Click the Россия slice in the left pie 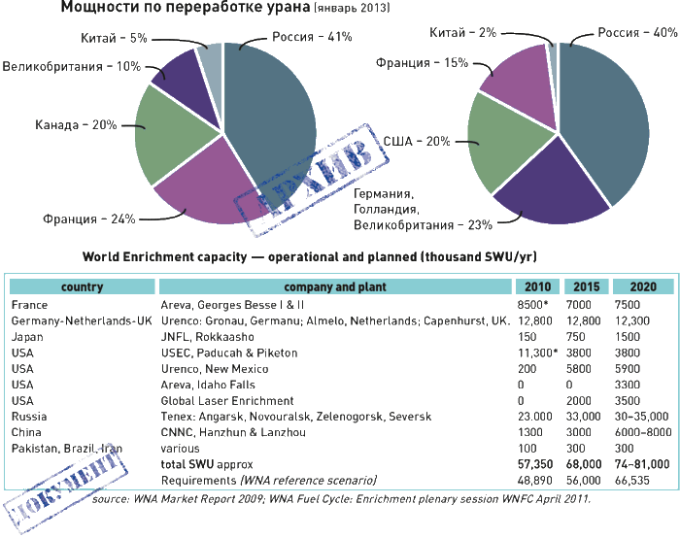[x=272, y=107]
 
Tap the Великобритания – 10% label [x=71, y=68]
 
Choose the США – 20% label [x=416, y=141]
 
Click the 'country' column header [x=82, y=287]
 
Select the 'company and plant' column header [x=334, y=287]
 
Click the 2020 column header [x=642, y=287]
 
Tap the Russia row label [x=27, y=416]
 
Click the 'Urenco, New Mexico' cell [x=210, y=368]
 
